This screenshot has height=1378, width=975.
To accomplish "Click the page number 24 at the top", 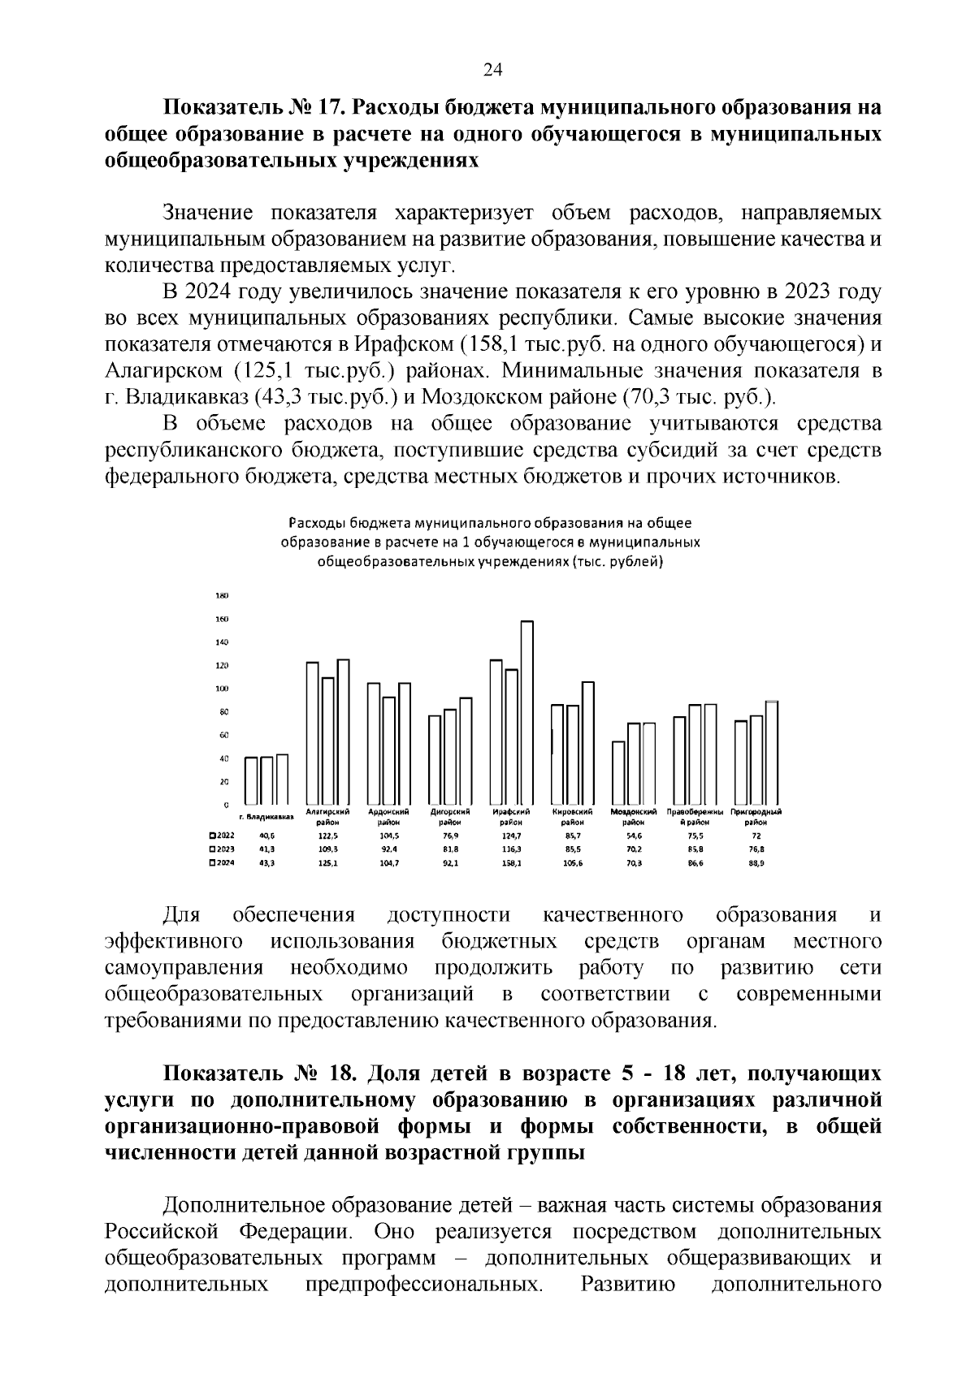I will coord(493,70).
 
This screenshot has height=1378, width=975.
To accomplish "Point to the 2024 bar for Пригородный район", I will coord(772,752).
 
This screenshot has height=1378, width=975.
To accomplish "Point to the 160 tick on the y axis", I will coord(221,619).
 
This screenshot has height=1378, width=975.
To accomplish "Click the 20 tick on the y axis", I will coord(223,781).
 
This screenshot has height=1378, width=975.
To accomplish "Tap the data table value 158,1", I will coord(512,864).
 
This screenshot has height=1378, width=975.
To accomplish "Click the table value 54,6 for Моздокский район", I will coord(633,835).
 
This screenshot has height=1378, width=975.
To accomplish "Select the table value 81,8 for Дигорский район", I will coord(450,849).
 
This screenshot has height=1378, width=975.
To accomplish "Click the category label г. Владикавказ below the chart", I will coord(266,816).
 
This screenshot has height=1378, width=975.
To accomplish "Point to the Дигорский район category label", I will coord(450,816).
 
